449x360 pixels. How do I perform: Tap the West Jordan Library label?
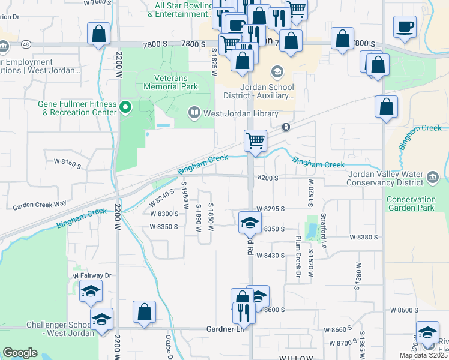(241, 113)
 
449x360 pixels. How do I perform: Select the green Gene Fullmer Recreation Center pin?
(125, 108)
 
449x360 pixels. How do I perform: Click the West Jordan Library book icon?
(194, 112)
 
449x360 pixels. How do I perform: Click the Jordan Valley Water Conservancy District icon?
(433, 177)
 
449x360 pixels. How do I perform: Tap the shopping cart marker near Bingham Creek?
(255, 142)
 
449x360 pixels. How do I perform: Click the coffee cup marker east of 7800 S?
(405, 27)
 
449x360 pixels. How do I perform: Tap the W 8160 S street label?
(67, 162)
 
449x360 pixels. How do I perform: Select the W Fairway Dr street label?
(92, 275)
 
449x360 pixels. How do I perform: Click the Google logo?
(20, 353)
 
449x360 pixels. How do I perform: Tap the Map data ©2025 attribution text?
(424, 355)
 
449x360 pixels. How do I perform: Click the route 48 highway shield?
(25, 44)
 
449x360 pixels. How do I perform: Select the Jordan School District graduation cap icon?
(277, 73)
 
